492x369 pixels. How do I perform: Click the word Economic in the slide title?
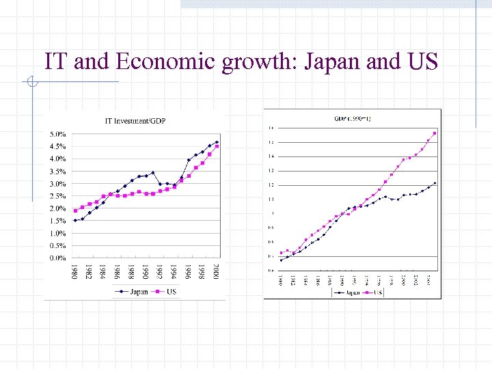point(167,62)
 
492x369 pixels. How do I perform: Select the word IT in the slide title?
point(57,62)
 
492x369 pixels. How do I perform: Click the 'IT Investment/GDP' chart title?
point(135,122)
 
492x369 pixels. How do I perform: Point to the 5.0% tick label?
point(57,135)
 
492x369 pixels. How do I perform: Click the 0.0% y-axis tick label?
point(57,258)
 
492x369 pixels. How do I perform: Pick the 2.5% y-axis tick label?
point(57,197)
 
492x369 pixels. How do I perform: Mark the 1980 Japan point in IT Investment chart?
point(75,221)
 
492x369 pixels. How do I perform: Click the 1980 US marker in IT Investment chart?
point(75,210)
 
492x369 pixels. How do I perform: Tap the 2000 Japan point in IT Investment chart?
point(217,142)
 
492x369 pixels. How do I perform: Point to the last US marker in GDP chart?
point(435,133)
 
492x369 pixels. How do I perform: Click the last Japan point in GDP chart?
point(435,183)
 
